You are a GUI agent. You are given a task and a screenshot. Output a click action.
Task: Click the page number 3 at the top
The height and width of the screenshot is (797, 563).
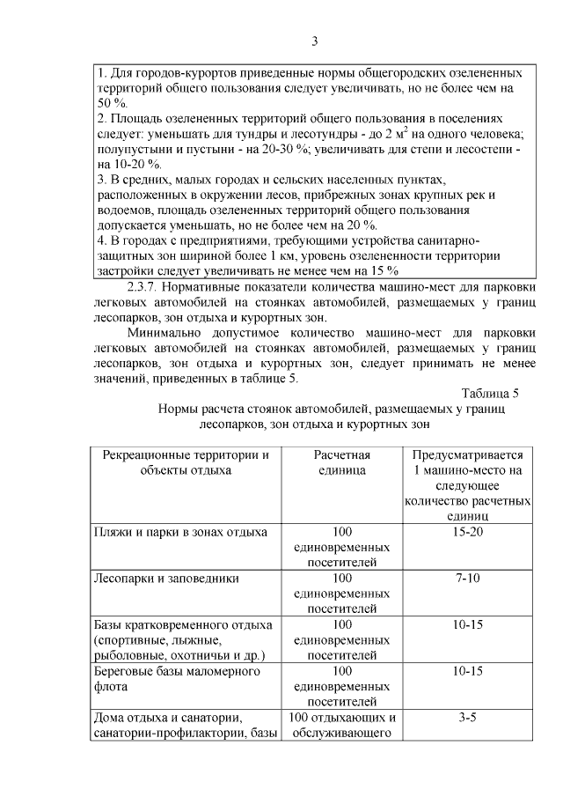[315, 41]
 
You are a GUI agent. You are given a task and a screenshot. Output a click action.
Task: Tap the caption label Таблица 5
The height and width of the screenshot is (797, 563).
[490, 393]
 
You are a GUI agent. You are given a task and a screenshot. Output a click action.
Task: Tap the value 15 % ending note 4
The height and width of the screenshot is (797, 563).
[386, 269]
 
